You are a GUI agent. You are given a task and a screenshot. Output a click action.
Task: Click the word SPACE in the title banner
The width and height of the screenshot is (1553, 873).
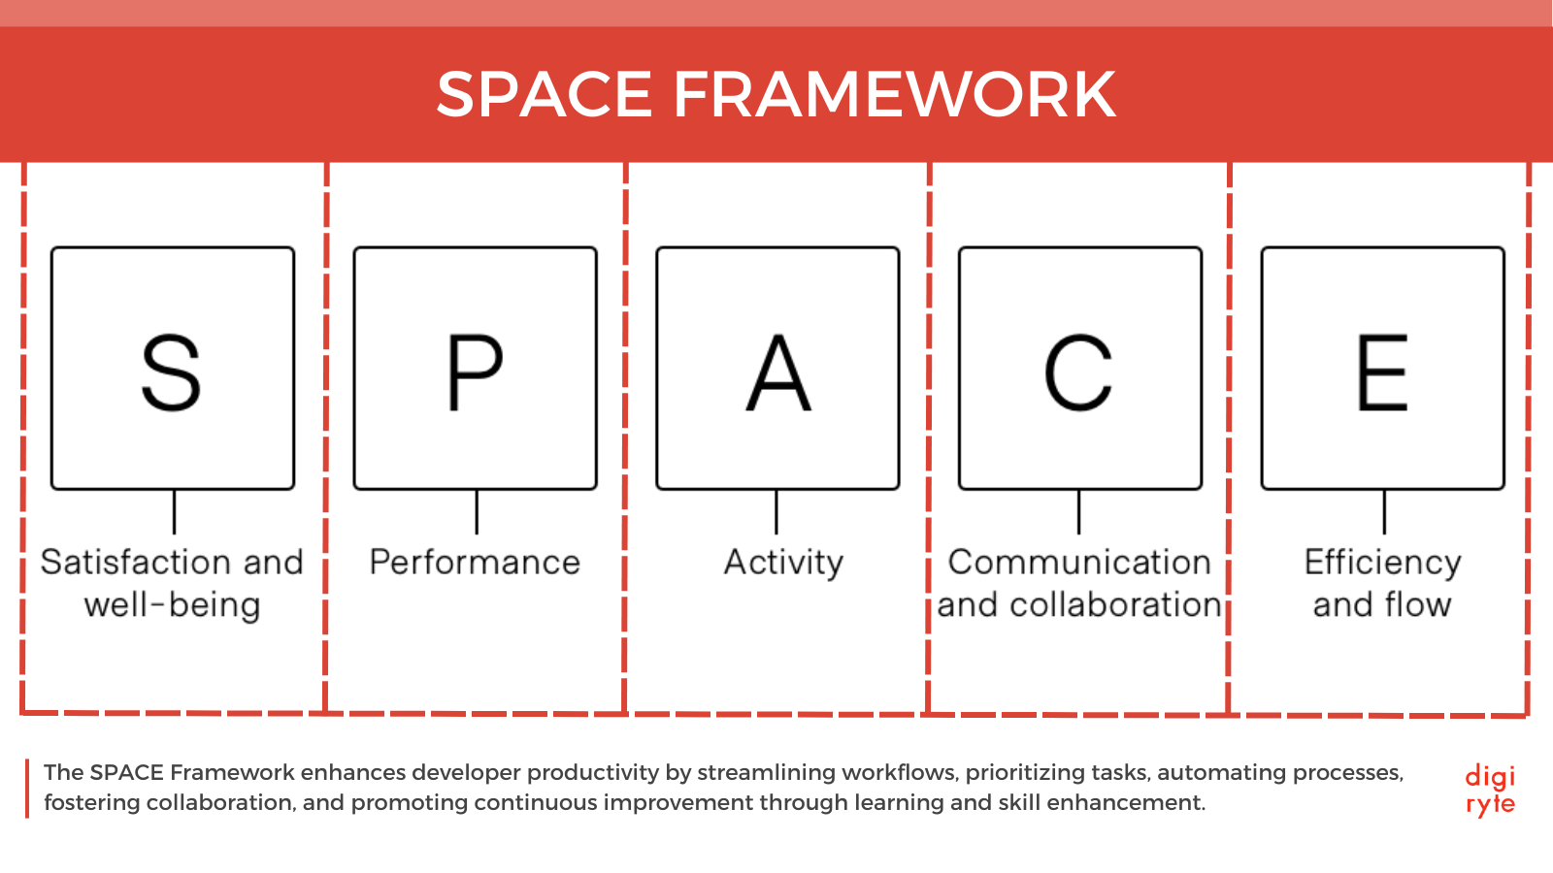click(x=544, y=95)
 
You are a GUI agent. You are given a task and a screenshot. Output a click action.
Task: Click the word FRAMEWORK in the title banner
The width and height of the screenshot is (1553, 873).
click(x=894, y=95)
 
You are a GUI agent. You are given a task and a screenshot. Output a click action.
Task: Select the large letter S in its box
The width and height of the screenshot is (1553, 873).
click(x=171, y=372)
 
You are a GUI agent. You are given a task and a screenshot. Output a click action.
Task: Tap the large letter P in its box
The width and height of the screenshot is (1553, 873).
click(x=475, y=372)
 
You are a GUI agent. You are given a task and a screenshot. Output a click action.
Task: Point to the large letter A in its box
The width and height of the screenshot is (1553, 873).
click(x=777, y=372)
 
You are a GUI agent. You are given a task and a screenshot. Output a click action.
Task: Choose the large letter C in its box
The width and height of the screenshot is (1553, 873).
click(x=1078, y=372)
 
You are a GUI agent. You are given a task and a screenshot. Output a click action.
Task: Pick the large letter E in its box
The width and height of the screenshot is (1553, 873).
click(x=1382, y=372)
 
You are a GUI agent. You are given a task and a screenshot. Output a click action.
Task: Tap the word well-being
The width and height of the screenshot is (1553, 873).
click(x=172, y=605)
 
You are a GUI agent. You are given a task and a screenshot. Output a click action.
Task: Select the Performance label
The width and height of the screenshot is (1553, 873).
click(x=475, y=563)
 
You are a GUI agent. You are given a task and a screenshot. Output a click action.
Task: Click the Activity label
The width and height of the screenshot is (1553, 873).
click(x=783, y=564)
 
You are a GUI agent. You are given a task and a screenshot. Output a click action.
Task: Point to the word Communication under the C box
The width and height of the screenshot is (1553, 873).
click(x=1079, y=563)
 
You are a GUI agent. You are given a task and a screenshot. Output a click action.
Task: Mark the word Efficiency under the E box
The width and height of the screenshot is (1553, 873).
click(x=1382, y=564)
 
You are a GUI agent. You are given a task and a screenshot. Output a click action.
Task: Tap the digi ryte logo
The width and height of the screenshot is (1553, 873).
click(x=1490, y=790)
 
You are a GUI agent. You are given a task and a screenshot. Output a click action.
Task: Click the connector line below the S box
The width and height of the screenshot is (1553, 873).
click(x=174, y=512)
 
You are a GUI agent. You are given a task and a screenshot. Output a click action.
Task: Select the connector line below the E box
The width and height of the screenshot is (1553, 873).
click(x=1384, y=512)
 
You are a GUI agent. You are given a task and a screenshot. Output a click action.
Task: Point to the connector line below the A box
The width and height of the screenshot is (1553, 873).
click(x=776, y=512)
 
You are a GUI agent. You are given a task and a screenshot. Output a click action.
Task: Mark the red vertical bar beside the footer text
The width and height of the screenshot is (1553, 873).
click(x=27, y=788)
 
